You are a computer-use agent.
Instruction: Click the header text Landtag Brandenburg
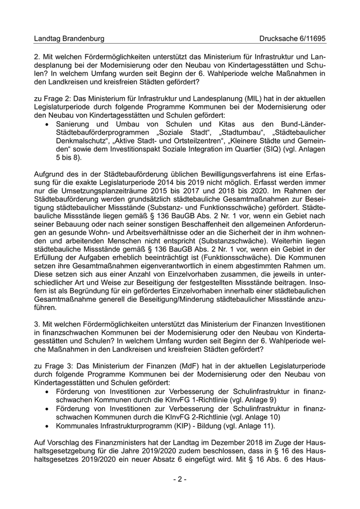(69, 39)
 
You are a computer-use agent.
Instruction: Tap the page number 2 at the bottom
(179, 479)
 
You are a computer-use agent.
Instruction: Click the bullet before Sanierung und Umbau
(47, 124)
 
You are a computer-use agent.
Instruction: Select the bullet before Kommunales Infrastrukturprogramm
(47, 426)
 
